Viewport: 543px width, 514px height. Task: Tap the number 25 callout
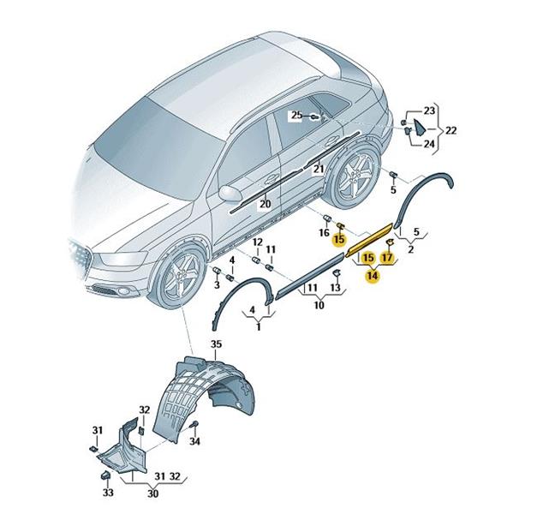(296, 115)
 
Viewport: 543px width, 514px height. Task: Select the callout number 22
(451, 130)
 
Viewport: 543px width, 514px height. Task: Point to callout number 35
(216, 344)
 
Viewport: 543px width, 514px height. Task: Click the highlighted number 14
(372, 276)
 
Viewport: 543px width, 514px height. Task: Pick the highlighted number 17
(387, 257)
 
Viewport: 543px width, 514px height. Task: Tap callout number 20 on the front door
(265, 204)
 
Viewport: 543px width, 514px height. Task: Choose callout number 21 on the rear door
(319, 169)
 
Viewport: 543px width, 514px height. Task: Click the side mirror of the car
(230, 194)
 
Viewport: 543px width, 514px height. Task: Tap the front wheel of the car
(177, 277)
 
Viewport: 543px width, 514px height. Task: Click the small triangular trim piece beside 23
(420, 127)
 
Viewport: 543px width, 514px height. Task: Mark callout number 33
(108, 493)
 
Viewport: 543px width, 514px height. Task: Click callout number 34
(195, 441)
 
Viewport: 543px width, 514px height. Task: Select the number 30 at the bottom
(152, 493)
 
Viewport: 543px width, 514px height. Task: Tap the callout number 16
(324, 232)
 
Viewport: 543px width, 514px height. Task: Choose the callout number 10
(319, 305)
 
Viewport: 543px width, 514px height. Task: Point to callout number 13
(335, 287)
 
